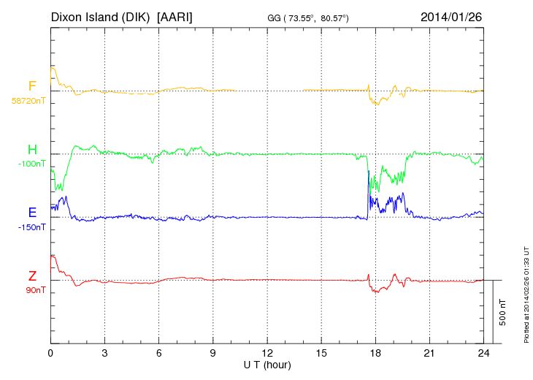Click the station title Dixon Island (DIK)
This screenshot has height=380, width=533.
click(x=101, y=16)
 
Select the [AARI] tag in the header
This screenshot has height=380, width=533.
click(x=175, y=16)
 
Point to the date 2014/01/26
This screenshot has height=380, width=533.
click(x=451, y=16)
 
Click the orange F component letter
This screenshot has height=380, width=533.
click(x=32, y=87)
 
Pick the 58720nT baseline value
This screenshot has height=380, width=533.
click(x=28, y=101)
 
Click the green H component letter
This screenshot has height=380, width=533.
click(x=32, y=151)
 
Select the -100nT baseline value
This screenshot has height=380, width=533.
click(x=32, y=164)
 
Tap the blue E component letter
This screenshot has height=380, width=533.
click(x=32, y=213)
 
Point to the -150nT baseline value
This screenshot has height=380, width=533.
click(x=32, y=227)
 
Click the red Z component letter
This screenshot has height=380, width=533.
click(x=32, y=276)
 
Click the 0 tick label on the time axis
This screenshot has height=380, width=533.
click(x=50, y=354)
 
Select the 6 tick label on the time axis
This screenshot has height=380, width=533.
click(x=158, y=354)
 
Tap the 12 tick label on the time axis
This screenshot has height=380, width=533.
click(x=267, y=354)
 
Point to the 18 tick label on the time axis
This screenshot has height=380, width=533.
click(x=375, y=354)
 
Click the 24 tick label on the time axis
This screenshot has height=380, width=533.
click(x=483, y=354)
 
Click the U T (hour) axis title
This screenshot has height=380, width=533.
click(x=267, y=364)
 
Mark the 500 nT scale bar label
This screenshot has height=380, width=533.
click(x=503, y=312)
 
